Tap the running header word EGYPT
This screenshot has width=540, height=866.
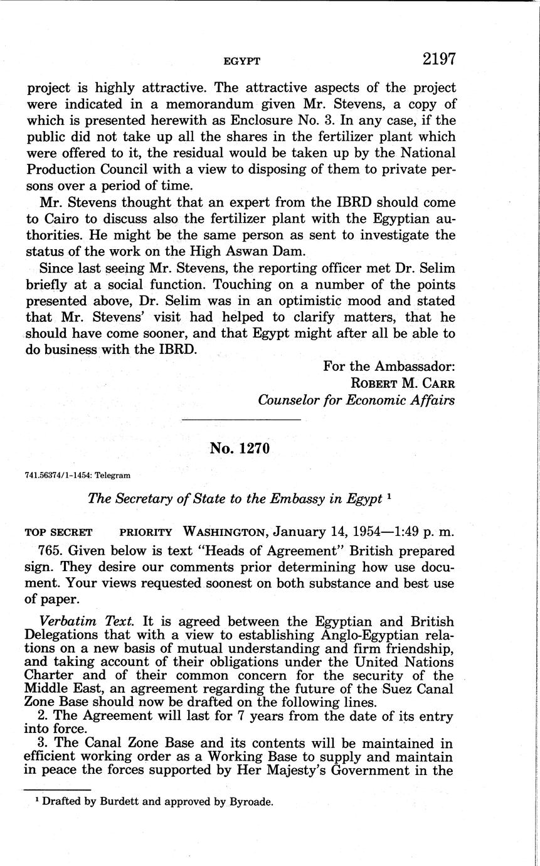(x=241, y=61)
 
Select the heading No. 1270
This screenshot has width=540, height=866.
(x=240, y=449)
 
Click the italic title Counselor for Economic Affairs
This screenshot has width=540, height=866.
(x=356, y=400)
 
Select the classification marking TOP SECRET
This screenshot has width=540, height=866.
(x=58, y=532)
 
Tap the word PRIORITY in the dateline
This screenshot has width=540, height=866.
(x=146, y=532)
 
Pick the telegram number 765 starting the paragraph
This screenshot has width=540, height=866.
(x=50, y=551)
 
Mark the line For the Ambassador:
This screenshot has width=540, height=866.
(x=389, y=366)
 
